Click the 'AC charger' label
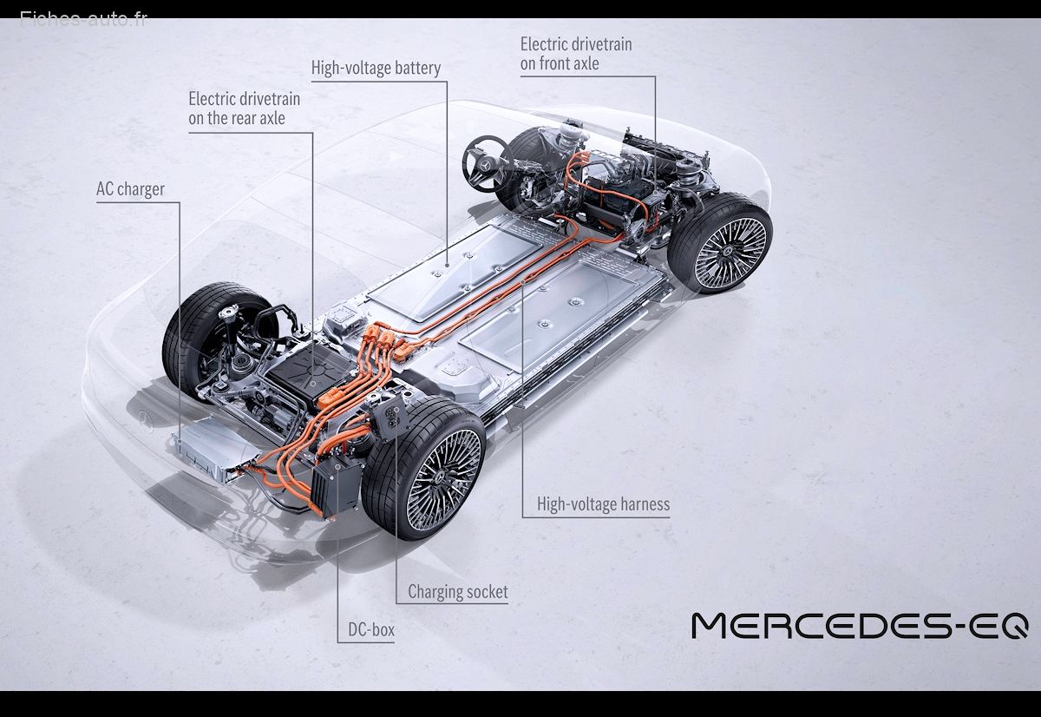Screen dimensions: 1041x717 click(x=130, y=189)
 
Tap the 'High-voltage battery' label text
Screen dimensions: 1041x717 click(x=376, y=68)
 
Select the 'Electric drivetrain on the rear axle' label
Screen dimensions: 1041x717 click(x=244, y=109)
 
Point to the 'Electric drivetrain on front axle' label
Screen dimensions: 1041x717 click(x=576, y=54)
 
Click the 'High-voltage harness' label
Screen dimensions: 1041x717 click(x=603, y=504)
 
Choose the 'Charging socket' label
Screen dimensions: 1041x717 click(x=458, y=591)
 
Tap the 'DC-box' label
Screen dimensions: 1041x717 click(x=371, y=629)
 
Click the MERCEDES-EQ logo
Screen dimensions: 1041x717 click(x=860, y=625)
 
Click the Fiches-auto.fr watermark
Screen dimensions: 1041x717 click(x=83, y=19)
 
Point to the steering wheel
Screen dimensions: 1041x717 click(x=487, y=164)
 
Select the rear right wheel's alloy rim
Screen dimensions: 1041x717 click(x=444, y=479)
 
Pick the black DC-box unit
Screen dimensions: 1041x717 click(x=336, y=486)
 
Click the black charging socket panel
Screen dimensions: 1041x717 click(x=393, y=418)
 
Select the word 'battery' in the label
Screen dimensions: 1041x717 click(x=417, y=69)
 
